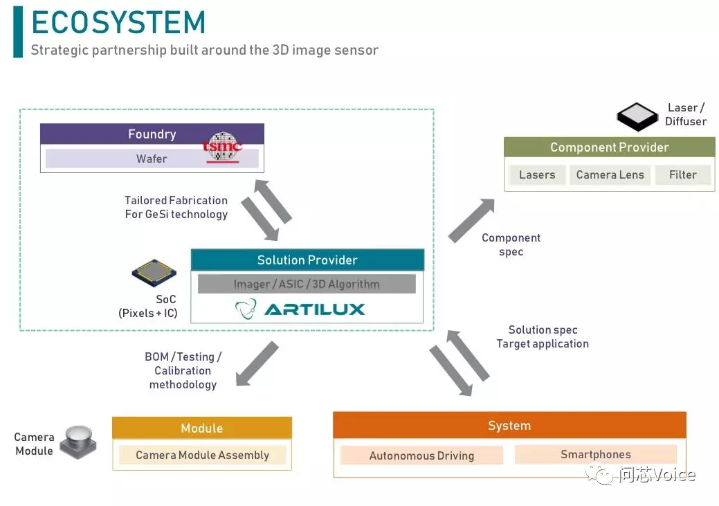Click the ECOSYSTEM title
118,23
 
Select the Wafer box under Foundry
152,159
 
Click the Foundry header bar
152,134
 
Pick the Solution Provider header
307,260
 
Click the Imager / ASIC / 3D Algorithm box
307,284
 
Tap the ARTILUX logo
300,309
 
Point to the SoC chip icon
154,273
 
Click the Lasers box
537,175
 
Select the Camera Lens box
610,175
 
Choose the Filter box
682,175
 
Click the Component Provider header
609,147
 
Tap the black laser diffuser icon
637,117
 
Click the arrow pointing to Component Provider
471,220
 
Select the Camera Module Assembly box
203,455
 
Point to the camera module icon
78,441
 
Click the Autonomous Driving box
421,455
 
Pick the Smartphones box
595,455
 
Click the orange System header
509,426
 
